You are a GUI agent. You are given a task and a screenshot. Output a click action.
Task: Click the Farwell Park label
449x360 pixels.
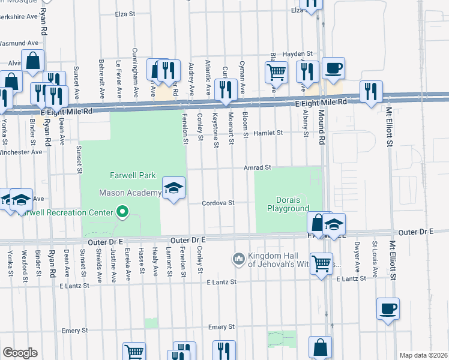(132, 176)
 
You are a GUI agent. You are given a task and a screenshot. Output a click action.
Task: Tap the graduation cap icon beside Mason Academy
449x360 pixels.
(173, 190)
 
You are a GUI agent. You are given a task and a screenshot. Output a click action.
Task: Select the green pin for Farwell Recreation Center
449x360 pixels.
(122, 212)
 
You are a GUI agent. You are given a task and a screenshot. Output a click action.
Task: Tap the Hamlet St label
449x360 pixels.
(267, 133)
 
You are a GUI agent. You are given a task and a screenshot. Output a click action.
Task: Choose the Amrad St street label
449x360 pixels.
(258, 168)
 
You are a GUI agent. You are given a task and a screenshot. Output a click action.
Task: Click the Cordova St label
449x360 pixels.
(217, 203)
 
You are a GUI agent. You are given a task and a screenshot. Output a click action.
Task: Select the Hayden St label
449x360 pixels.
(298, 53)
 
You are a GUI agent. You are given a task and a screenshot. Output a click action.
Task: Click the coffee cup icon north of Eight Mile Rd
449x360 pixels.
(333, 68)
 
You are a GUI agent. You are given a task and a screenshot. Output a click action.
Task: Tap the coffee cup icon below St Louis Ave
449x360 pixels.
(388, 309)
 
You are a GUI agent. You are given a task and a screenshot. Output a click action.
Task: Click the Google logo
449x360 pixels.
(19, 353)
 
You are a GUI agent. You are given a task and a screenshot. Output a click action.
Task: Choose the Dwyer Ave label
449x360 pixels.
(357, 253)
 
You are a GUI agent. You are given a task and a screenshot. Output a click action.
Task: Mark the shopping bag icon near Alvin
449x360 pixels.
(34, 61)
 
